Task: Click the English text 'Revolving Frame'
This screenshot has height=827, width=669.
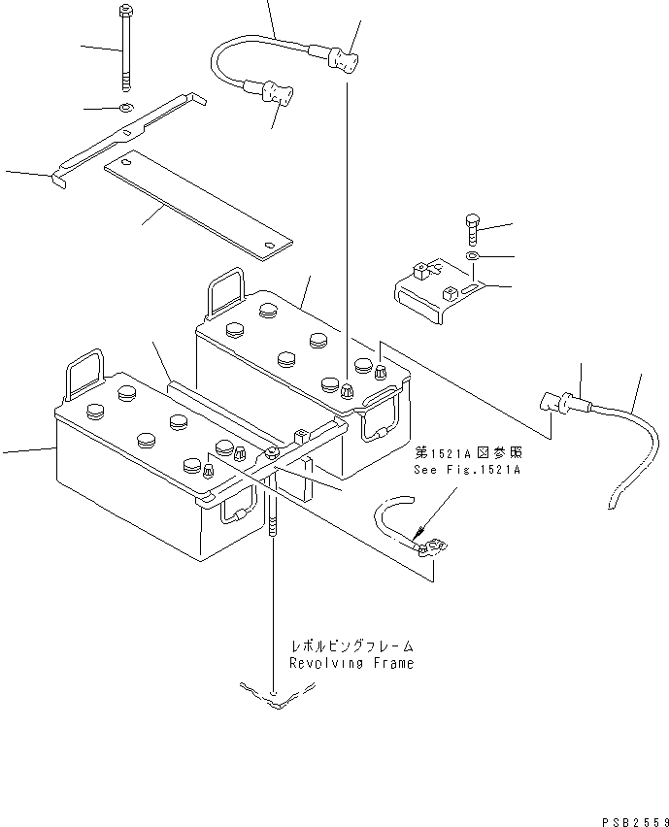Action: pyautogui.click(x=351, y=663)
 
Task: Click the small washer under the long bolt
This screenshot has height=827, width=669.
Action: pyautogui.click(x=127, y=107)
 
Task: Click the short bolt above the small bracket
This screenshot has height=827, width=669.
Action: pyautogui.click(x=470, y=229)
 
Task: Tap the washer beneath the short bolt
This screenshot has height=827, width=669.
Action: pyautogui.click(x=471, y=255)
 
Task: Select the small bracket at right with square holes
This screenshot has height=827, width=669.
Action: pyautogui.click(x=436, y=288)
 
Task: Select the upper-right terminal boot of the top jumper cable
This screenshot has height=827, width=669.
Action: pyautogui.click(x=345, y=63)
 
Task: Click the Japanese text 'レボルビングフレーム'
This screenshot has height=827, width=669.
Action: pyautogui.click(x=351, y=645)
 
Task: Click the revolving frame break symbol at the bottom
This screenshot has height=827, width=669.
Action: pyautogui.click(x=276, y=693)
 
